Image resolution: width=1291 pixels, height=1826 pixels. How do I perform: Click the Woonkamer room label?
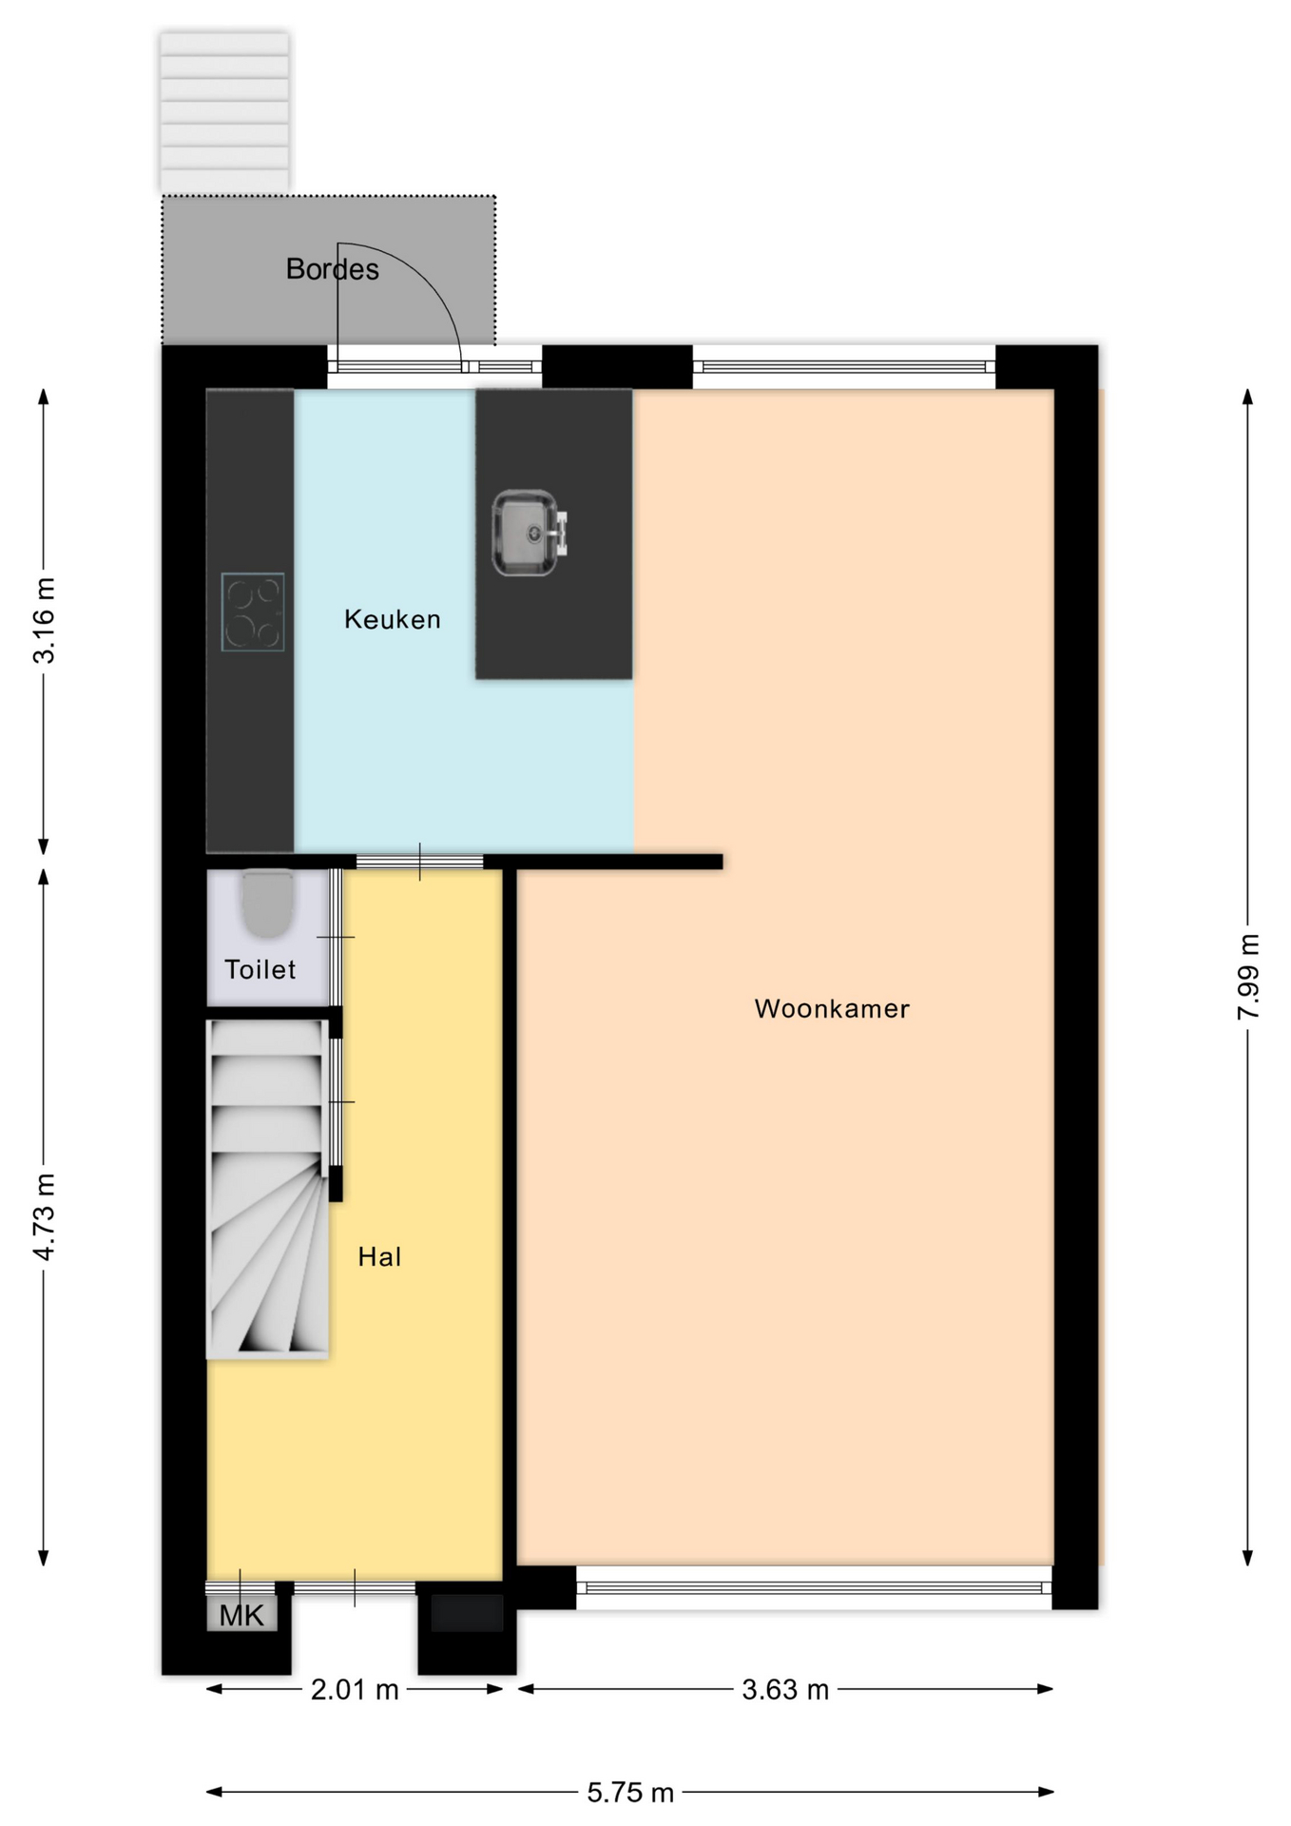[832, 1008]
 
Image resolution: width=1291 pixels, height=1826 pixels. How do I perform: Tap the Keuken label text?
[393, 619]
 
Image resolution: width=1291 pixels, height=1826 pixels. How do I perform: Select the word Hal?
[379, 1257]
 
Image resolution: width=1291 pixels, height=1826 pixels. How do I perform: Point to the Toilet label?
[260, 969]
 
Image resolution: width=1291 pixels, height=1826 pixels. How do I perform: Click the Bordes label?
[333, 269]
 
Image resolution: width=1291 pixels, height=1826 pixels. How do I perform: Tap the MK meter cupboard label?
[241, 1615]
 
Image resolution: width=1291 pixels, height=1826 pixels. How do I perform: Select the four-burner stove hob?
[253, 612]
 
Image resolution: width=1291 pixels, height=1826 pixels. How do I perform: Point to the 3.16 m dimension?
[44, 620]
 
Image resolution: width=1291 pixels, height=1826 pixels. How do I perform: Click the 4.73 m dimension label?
[44, 1216]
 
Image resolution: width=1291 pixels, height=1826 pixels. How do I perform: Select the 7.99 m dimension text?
[1248, 977]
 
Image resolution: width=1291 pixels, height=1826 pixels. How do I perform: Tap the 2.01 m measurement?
[355, 1689]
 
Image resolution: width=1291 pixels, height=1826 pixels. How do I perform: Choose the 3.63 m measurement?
[785, 1689]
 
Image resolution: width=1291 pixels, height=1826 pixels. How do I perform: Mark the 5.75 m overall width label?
[630, 1793]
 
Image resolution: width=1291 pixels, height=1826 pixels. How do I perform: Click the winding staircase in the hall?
[267, 1189]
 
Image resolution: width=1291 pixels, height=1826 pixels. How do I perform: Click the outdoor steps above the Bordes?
[224, 112]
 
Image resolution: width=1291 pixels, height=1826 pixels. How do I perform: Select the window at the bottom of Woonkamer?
[814, 1587]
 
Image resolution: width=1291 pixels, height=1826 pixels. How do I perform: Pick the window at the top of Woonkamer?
[844, 367]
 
